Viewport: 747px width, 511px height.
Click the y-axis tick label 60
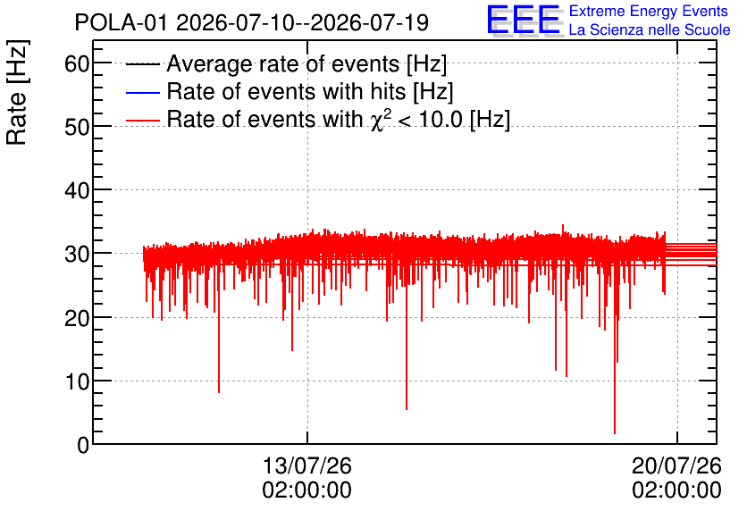[x=77, y=63]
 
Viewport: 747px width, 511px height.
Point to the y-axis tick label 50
[x=77, y=127]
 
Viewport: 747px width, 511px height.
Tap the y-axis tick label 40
[x=77, y=190]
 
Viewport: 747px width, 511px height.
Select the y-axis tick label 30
[x=77, y=255]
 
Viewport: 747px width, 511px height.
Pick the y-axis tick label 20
[x=77, y=318]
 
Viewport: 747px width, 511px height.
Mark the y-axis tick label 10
[x=77, y=381]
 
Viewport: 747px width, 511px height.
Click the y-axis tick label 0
[x=83, y=445]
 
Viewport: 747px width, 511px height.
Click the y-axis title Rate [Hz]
[x=17, y=92]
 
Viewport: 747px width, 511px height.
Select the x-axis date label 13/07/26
[x=307, y=465]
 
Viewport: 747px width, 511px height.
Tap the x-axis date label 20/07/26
[x=677, y=465]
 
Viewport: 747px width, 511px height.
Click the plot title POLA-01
[x=121, y=22]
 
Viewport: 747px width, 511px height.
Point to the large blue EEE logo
[x=523, y=20]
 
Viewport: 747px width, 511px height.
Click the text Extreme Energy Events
[x=649, y=11]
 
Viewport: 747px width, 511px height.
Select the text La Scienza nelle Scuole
[x=650, y=29]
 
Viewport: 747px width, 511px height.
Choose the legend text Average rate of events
[x=283, y=63]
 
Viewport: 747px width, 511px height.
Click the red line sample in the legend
[x=142, y=120]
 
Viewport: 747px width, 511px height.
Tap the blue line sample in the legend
[x=142, y=92]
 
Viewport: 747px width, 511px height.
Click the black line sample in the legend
[x=142, y=64]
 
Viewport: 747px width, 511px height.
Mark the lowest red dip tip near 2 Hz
[x=615, y=433]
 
